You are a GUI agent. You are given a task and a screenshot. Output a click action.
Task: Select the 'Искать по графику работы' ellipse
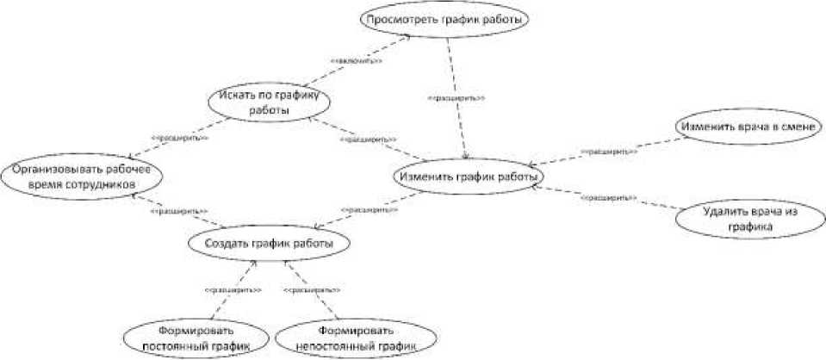pyautogui.click(x=269, y=102)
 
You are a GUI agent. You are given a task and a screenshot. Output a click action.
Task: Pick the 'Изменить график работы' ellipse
pyautogui.click(x=469, y=177)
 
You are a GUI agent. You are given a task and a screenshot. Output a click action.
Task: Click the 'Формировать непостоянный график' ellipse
pyautogui.click(x=355, y=338)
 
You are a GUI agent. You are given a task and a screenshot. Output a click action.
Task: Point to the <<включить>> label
pyautogui.click(x=357, y=61)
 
